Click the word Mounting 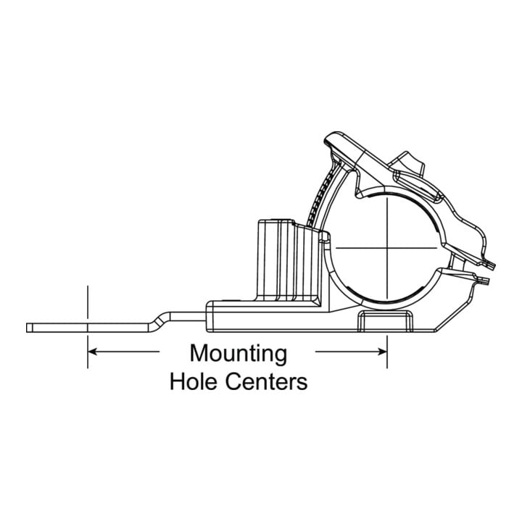coord(239,355)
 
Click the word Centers coord(266,381)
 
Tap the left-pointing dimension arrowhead coord(93,351)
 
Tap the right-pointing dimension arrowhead coord(382,351)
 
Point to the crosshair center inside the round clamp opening coord(387,248)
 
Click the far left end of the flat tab coord(27,328)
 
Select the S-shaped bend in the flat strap coord(159,320)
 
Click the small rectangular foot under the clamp coord(385,321)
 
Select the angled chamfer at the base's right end coord(452,314)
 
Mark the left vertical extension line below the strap coord(88,352)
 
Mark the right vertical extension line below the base coord(387,352)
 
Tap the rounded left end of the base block coord(208,316)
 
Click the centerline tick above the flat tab coord(88,302)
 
